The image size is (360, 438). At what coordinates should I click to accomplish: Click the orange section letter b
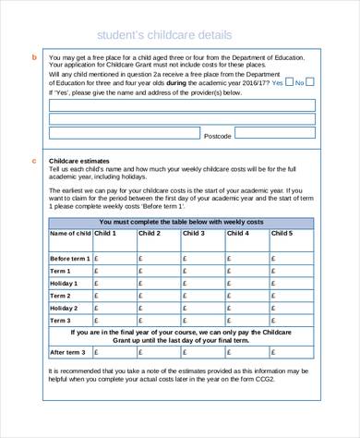(34, 58)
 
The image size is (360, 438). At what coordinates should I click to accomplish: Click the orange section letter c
(34, 162)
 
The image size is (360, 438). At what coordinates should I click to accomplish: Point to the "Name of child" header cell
(69, 234)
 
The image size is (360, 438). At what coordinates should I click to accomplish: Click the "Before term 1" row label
(69, 258)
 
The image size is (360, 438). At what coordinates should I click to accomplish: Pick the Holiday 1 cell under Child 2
(159, 282)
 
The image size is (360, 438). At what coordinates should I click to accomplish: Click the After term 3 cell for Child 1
(114, 352)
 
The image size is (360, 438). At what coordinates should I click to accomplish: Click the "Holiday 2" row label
(69, 306)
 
